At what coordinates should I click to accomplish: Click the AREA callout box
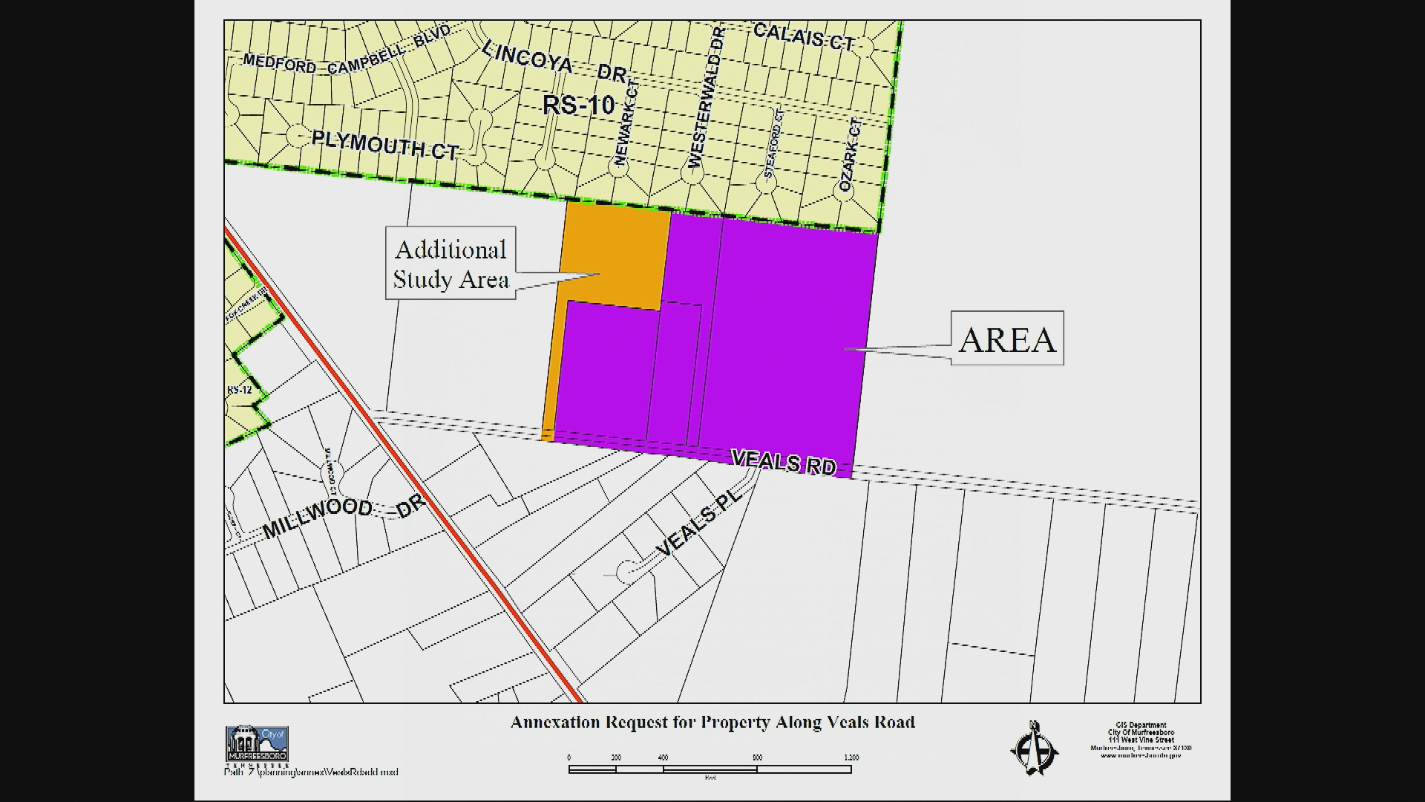pyautogui.click(x=1006, y=338)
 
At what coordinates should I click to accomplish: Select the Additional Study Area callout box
pyautogui.click(x=451, y=264)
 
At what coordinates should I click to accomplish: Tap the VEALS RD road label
pyautogui.click(x=784, y=462)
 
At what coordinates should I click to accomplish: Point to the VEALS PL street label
pyautogui.click(x=699, y=524)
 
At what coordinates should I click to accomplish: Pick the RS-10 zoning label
pyautogui.click(x=579, y=105)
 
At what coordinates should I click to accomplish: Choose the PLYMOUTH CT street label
pyautogui.click(x=384, y=144)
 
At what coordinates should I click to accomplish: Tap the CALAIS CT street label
pyautogui.click(x=804, y=37)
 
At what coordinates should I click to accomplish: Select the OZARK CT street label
pyautogui.click(x=851, y=155)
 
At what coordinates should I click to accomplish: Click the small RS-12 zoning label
pyautogui.click(x=240, y=390)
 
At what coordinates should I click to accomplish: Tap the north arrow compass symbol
pyautogui.click(x=1034, y=749)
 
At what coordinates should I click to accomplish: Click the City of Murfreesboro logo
pyautogui.click(x=257, y=744)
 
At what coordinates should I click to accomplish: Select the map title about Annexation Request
pyautogui.click(x=712, y=722)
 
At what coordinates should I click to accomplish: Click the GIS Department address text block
pyautogui.click(x=1141, y=740)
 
